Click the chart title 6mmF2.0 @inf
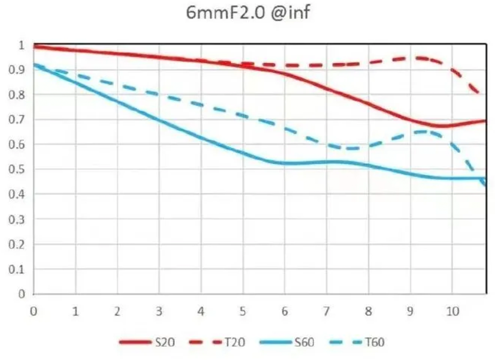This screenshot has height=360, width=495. tap(247, 12)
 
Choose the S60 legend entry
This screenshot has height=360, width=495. tap(306, 342)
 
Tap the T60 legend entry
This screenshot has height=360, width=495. tap(375, 342)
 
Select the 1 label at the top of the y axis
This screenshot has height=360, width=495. tap(21, 45)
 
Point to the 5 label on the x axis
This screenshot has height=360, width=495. tap(243, 312)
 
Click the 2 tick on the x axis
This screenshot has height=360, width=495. tap(117, 312)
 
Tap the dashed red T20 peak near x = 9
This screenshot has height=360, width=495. tap(416, 58)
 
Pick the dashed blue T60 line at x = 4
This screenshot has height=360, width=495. tap(201, 105)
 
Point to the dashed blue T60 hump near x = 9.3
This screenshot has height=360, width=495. tap(424, 132)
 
